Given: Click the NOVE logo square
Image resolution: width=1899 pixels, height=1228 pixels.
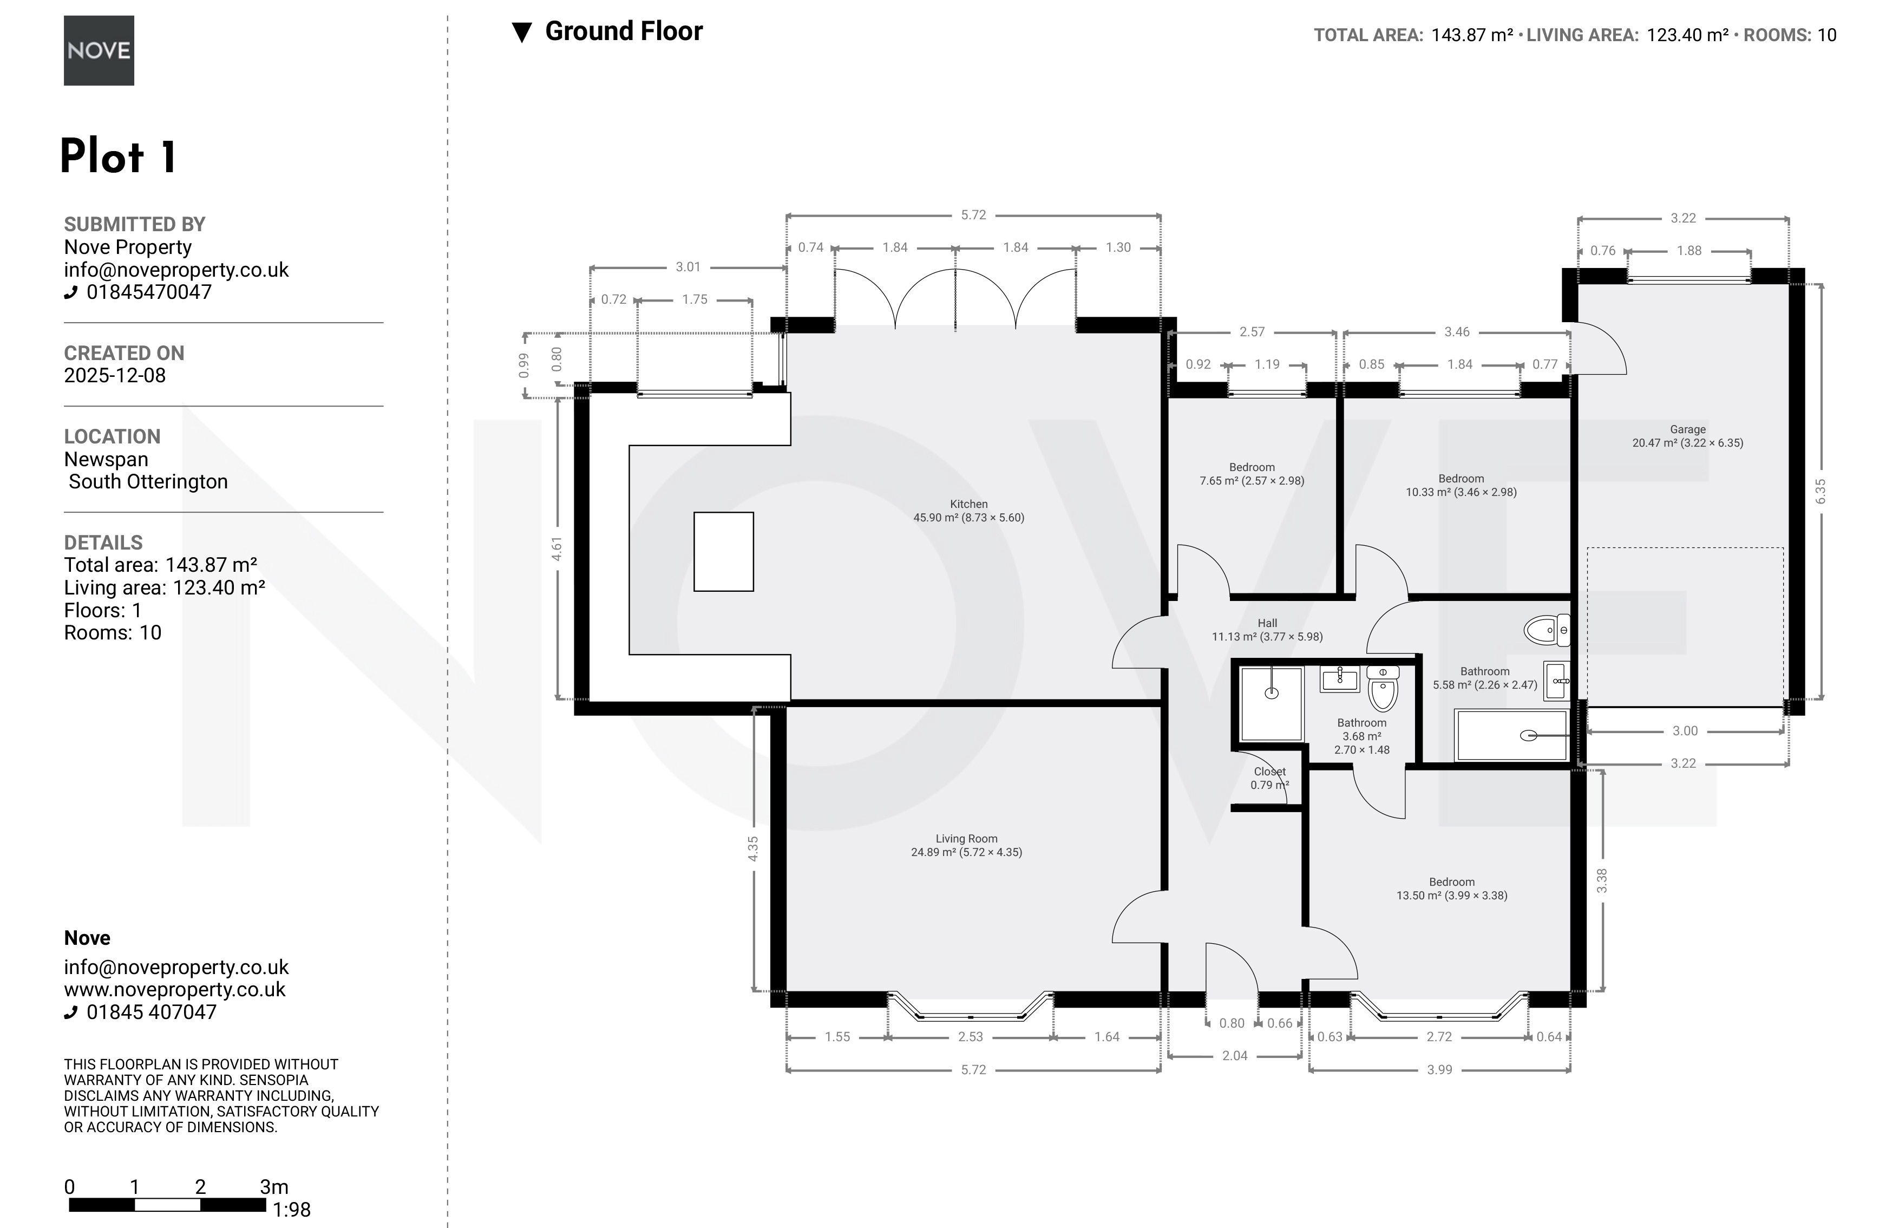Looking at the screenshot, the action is tap(99, 50).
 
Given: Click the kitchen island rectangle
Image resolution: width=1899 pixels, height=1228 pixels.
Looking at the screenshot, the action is tap(723, 551).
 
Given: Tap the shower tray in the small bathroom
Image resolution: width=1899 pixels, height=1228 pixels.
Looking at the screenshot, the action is tap(1272, 704).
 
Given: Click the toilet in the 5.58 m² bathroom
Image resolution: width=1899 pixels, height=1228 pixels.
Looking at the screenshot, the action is tap(1547, 630).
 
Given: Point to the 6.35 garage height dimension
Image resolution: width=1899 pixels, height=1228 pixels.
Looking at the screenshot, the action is tap(1820, 491).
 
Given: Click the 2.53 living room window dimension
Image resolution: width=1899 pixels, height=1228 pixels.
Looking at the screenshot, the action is tap(970, 1037).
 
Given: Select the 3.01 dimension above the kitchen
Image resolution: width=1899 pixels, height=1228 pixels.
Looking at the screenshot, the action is tap(688, 267).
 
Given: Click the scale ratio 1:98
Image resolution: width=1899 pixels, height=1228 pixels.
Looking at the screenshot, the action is tap(291, 1210).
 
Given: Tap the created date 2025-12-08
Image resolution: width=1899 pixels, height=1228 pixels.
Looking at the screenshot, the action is tap(115, 376).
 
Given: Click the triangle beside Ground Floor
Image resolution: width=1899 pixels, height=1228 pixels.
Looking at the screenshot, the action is tap(521, 32).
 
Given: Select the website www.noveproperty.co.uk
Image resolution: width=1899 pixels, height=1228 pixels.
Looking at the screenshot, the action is tap(175, 990).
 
